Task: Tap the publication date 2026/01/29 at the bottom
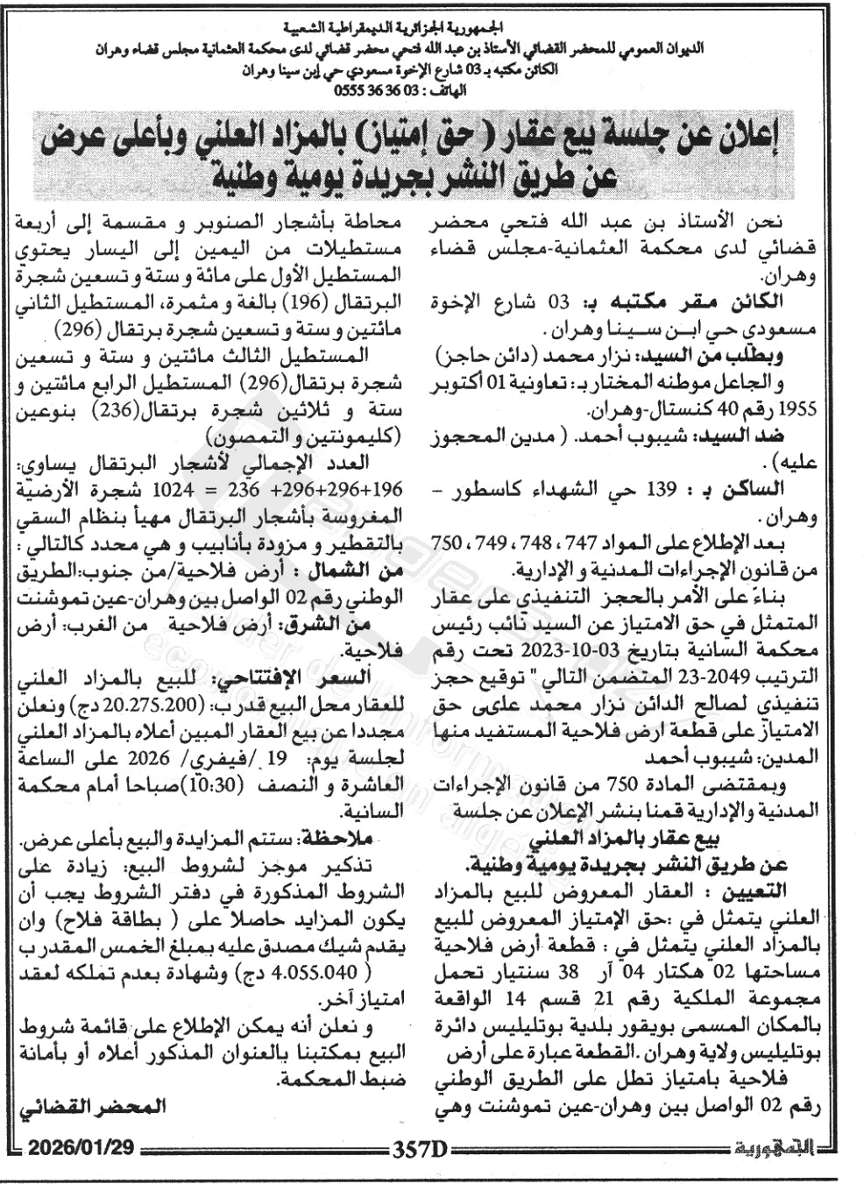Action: (x=81, y=1147)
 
